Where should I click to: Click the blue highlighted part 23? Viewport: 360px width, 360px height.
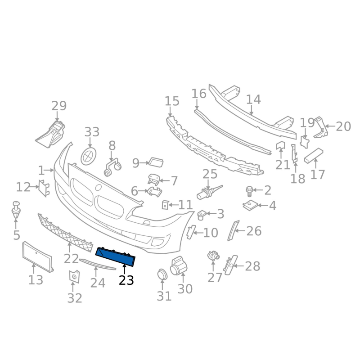coord(115,257)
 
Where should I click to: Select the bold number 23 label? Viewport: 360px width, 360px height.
coord(126,280)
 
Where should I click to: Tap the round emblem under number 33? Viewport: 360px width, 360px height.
coord(88,156)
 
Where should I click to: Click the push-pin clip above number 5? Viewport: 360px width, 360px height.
coord(16,210)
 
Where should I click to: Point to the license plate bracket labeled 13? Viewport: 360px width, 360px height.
coord(38,257)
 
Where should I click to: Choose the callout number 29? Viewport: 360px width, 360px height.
coord(59,106)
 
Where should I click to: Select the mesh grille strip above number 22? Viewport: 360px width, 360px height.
coord(65,233)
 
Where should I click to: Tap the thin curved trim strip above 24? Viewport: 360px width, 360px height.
coord(97,264)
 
